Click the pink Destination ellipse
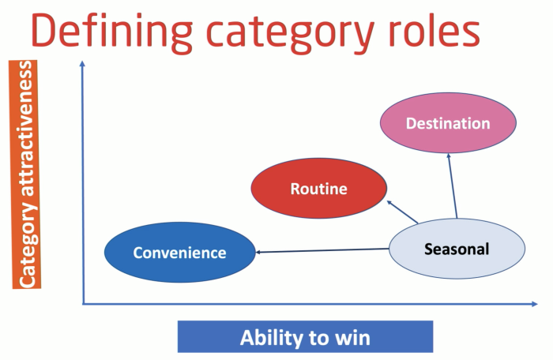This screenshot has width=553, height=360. point(448,123)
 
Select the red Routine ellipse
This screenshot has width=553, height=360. point(318,189)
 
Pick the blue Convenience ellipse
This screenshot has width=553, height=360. point(179,253)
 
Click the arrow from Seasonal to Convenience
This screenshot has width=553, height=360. point(324,250)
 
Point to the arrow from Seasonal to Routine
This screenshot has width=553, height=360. point(402,211)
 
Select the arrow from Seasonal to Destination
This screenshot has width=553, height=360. point(453,186)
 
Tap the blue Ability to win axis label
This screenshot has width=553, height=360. point(305,338)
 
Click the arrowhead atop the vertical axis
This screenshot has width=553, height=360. point(82,64)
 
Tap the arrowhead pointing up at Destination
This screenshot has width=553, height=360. point(449,156)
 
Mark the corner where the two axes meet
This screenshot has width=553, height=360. point(83,303)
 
